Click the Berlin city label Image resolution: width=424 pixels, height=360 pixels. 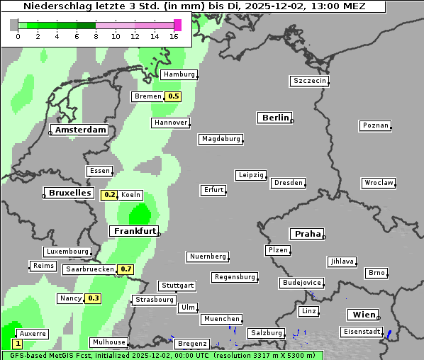pos(274,118)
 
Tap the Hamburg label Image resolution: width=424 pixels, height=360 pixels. pos(179,74)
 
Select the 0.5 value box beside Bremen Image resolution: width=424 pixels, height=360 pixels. pos(173,96)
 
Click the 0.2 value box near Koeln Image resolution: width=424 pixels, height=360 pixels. pos(109,195)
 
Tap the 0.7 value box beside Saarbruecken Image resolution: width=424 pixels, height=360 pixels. pos(125,269)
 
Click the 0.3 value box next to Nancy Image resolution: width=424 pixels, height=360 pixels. pos(93,298)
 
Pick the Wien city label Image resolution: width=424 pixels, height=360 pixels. pos(362,315)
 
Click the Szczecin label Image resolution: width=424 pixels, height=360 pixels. pos(310,81)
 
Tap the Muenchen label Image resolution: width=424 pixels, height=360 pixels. pos(221,319)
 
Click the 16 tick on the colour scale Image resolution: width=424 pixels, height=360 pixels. pos(174,37)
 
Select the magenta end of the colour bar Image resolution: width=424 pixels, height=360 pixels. pos(177,25)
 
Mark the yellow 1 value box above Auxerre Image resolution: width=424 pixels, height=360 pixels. pos(17,344)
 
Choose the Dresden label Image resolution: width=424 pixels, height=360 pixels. pos(289,183)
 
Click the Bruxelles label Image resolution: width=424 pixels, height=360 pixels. pos(69,193)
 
